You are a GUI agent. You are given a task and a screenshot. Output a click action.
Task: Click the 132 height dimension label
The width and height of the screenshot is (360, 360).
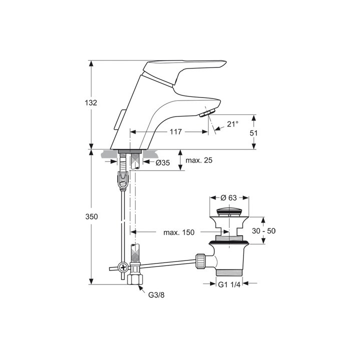click(x=91, y=102)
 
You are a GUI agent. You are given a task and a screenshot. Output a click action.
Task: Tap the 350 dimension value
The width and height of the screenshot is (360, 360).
click(x=91, y=216)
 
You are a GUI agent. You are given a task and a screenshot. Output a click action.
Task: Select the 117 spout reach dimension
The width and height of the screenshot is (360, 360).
click(x=175, y=131)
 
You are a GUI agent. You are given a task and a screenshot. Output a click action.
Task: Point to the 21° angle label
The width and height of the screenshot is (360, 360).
click(x=232, y=124)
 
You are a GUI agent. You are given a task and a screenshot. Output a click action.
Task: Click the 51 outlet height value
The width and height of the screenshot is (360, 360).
click(x=253, y=133)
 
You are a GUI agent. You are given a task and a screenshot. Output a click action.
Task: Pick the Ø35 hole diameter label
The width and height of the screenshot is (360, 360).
click(x=162, y=163)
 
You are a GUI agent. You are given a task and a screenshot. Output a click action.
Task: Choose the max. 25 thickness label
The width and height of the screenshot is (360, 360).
click(x=199, y=160)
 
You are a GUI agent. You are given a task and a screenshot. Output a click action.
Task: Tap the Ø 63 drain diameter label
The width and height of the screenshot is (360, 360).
click(x=228, y=197)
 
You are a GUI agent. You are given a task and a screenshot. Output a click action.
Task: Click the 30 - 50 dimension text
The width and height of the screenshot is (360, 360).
click(x=263, y=230)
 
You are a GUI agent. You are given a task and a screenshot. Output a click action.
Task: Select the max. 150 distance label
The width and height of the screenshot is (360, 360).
click(x=179, y=232)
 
